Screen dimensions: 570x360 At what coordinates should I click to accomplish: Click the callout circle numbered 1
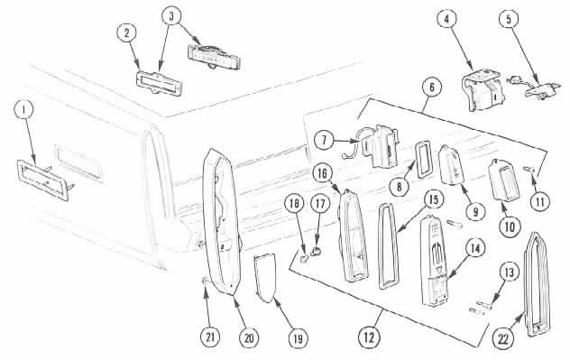pos(24,110)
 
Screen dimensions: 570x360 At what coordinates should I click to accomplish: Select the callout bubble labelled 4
pos(446,19)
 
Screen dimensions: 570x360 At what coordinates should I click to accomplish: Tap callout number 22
pos(503,339)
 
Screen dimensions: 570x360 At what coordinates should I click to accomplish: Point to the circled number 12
pos(369,337)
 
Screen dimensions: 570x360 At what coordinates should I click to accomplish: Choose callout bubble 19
pos(298,338)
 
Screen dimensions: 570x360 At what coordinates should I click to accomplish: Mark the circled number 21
pos(210,337)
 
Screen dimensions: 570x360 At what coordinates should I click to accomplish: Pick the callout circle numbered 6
pos(432,88)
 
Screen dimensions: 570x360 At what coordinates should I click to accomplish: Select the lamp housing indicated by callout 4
pos(483,90)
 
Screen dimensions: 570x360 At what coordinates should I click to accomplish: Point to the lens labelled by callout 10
pos(505,180)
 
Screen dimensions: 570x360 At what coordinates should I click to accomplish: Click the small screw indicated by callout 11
pos(530,169)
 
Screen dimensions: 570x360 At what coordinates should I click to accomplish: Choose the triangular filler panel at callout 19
pos(265,278)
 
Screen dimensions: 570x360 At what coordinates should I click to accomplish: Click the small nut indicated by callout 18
pos(304,259)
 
